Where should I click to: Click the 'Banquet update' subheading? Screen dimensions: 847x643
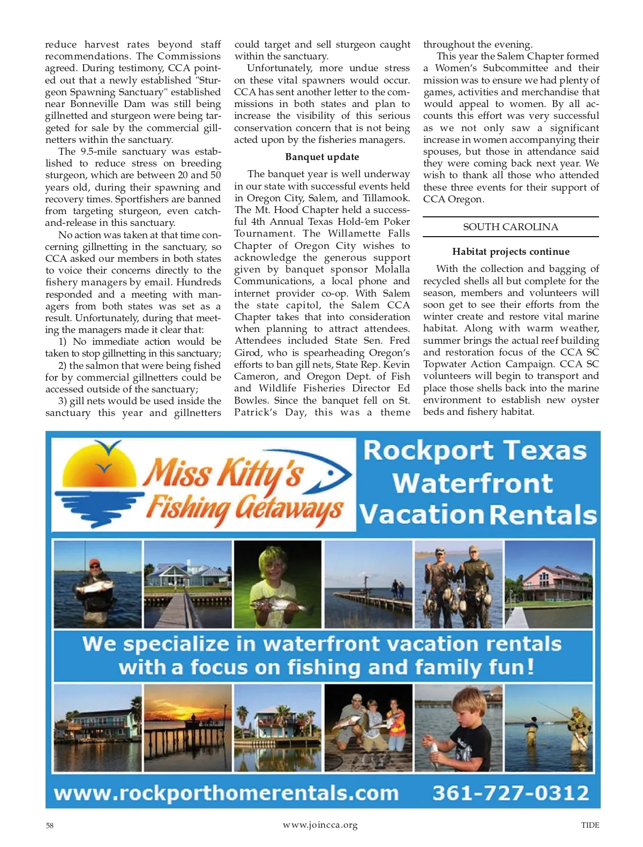pyautogui.click(x=322, y=157)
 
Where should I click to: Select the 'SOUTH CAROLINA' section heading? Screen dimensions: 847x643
pyautogui.click(x=510, y=227)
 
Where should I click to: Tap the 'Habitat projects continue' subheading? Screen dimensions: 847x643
pyautogui.click(x=511, y=252)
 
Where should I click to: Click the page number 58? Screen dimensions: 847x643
pyautogui.click(x=49, y=825)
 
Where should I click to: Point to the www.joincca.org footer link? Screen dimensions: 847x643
pyautogui.click(x=320, y=825)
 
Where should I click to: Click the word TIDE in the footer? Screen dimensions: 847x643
pyautogui.click(x=590, y=825)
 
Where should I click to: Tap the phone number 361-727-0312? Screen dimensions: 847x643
pyautogui.click(x=510, y=792)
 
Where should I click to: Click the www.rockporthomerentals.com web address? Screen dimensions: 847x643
pyautogui.click(x=226, y=793)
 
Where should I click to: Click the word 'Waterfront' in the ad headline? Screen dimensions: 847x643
pyautogui.click(x=473, y=483)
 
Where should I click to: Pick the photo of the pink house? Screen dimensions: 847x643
pyautogui.click(x=549, y=584)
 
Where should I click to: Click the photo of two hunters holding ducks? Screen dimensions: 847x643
pyautogui.click(x=459, y=584)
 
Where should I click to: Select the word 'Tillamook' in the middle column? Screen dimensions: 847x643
pyautogui.click(x=386, y=198)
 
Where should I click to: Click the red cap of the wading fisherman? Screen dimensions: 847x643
pyautogui.click(x=94, y=563)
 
